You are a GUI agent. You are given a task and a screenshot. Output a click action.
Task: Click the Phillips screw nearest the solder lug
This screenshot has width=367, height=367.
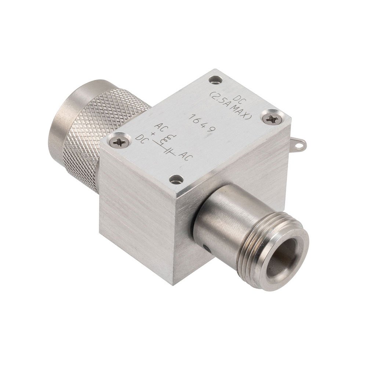(x=272, y=118)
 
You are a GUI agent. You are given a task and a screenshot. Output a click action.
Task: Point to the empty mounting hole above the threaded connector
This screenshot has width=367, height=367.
(x=177, y=179)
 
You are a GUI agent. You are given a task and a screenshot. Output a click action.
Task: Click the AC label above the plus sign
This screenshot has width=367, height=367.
(x=159, y=127)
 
